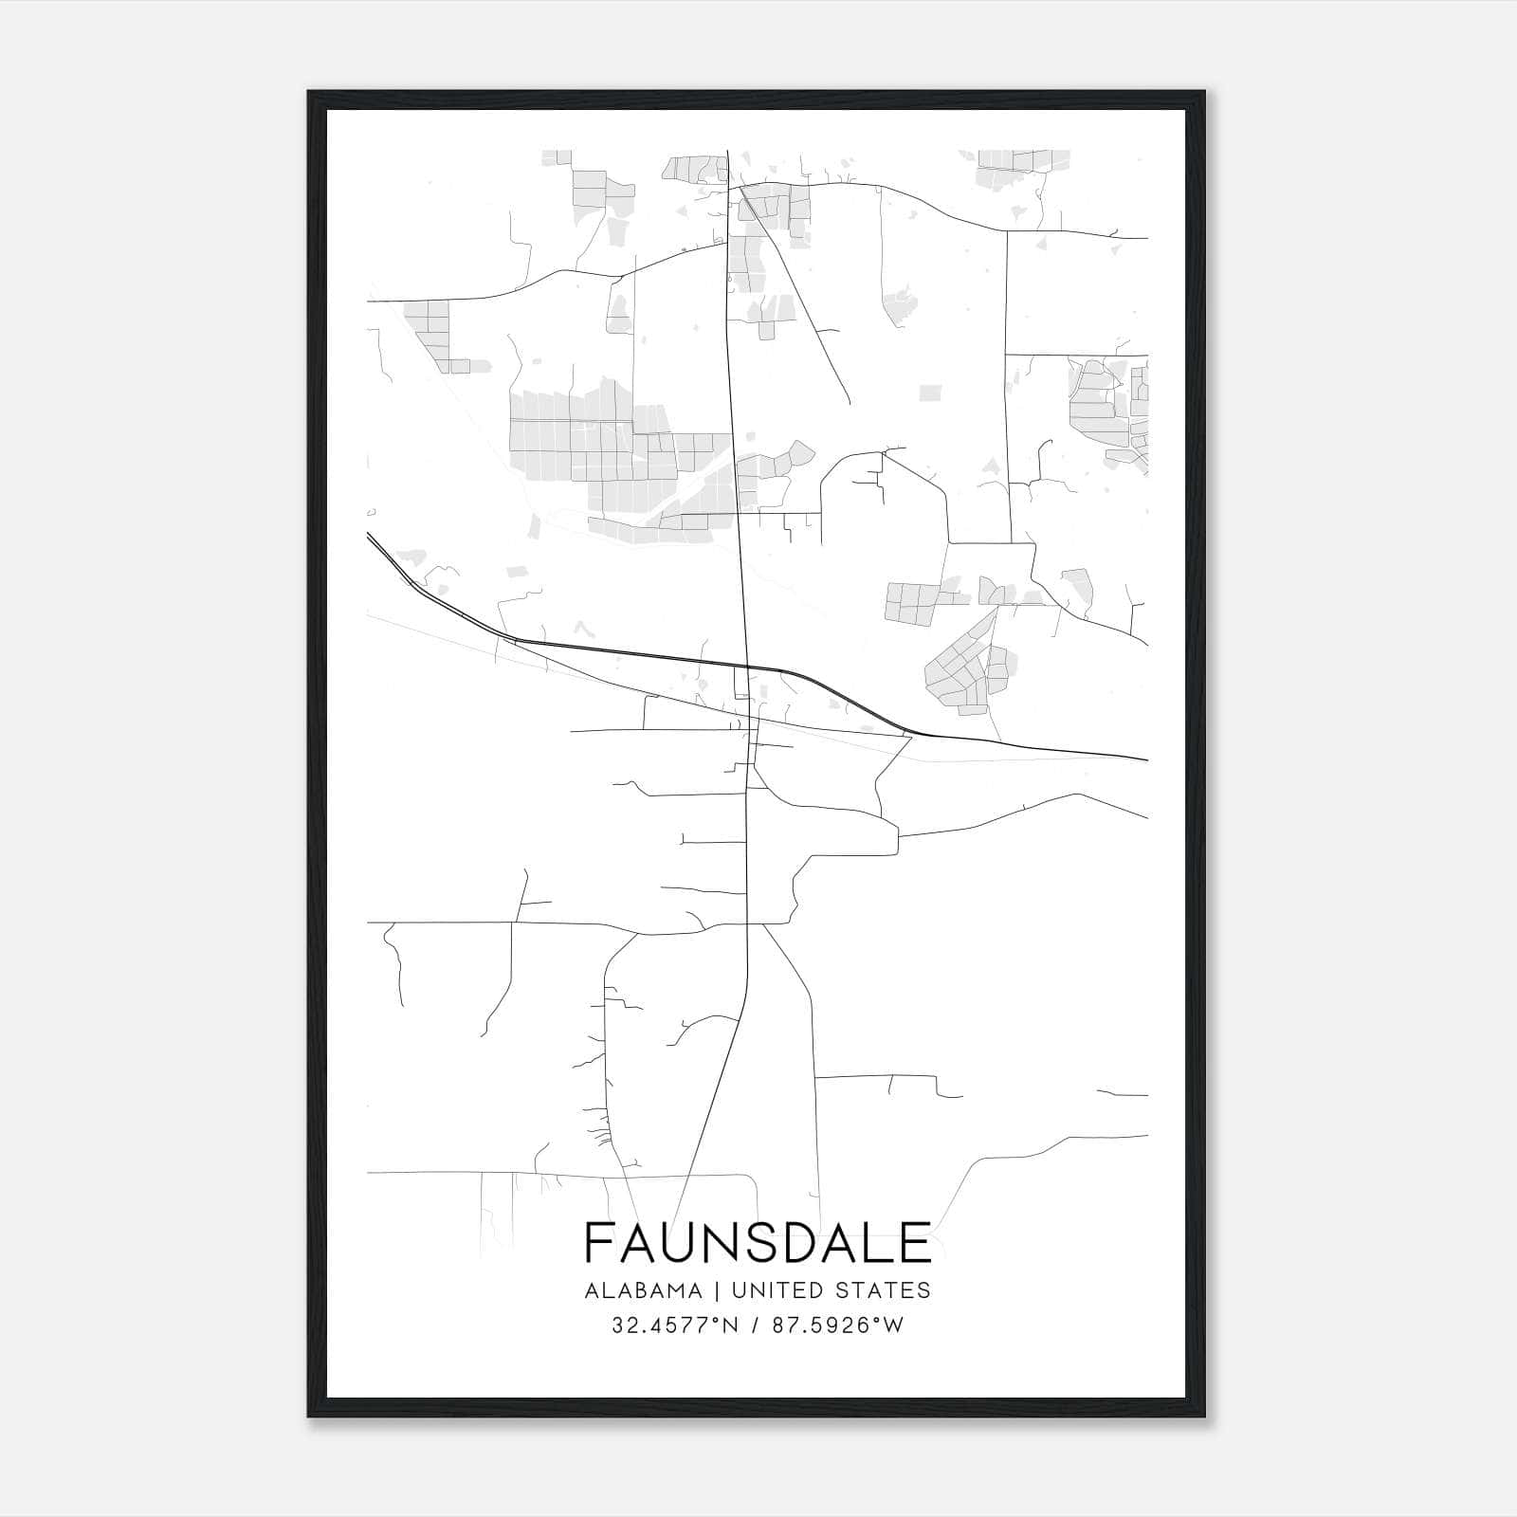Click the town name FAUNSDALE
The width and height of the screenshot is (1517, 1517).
pos(758,1243)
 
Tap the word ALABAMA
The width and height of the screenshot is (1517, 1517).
pos(644,1290)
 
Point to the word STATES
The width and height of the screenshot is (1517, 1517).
pos(886,1290)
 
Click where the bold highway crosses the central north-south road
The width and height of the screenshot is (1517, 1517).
pos(746,667)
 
